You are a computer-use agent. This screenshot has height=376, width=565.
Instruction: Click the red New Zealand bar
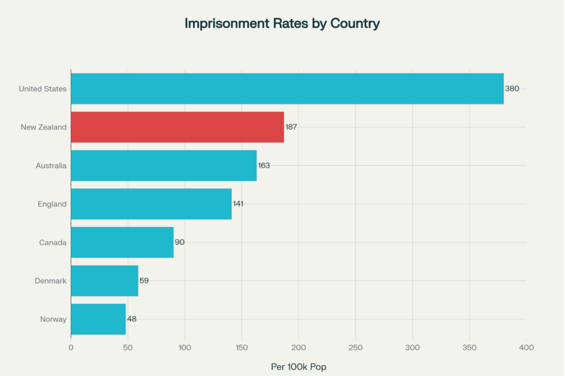177,127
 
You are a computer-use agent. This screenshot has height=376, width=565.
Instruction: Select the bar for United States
287,89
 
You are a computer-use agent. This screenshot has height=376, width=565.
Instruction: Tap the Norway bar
98,319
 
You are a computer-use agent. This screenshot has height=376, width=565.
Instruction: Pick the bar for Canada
122,242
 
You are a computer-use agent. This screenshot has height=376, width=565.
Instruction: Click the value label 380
512,89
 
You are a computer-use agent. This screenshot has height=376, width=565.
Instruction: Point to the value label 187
291,127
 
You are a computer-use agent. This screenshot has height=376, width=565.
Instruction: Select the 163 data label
264,165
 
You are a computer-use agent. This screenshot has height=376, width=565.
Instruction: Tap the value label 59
144,280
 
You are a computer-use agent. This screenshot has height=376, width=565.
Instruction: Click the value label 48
131,319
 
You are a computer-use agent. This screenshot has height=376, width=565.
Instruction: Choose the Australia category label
51,166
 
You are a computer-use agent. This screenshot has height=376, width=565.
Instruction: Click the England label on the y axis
52,204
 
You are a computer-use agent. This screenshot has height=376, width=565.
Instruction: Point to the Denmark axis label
50,281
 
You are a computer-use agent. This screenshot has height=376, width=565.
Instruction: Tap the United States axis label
43,89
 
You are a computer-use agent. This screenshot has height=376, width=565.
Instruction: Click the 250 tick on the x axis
355,347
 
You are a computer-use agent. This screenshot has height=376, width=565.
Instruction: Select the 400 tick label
526,347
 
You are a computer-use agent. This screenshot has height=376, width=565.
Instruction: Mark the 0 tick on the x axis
71,347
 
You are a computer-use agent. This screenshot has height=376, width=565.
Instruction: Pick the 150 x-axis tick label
242,347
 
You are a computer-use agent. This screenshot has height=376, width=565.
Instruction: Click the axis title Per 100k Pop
298,366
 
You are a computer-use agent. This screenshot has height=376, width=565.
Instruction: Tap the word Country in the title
355,24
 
